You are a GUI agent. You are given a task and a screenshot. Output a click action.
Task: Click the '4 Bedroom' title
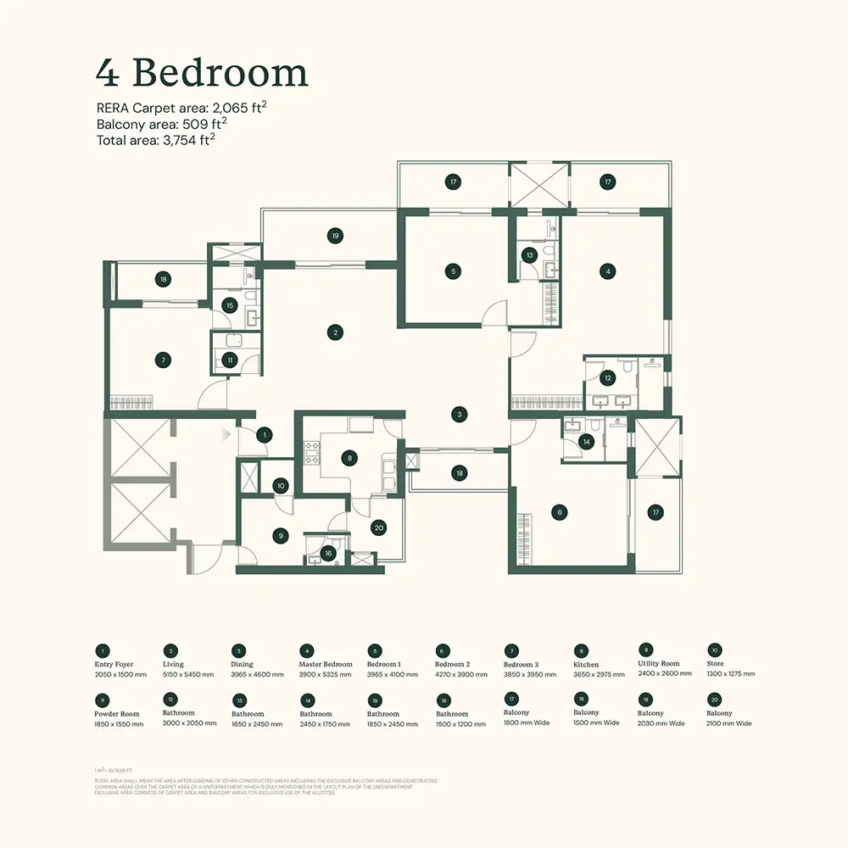pos(201,74)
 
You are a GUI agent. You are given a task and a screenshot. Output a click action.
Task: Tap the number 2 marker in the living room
pos(337,332)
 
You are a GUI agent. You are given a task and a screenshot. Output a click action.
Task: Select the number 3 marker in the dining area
pos(459,415)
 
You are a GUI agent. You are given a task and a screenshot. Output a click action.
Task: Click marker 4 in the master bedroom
pos(607,271)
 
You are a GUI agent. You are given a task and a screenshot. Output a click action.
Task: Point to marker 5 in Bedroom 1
pos(454,271)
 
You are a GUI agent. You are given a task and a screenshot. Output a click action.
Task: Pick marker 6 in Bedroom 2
pos(558,512)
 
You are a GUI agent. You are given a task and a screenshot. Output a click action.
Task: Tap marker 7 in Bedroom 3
pos(164,360)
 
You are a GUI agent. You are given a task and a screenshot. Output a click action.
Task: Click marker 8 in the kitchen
pos(349,458)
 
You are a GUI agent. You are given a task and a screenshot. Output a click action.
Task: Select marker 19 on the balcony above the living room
pos(336,235)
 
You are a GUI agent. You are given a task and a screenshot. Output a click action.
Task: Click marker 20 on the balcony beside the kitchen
pos(378,527)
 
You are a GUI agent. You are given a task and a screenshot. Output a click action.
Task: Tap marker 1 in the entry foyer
pos(265,435)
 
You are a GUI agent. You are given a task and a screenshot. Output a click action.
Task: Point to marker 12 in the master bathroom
pos(607,378)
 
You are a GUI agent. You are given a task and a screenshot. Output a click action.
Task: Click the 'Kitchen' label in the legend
pos(585,665)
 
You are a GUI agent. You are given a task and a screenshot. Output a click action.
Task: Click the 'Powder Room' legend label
pos(117,714)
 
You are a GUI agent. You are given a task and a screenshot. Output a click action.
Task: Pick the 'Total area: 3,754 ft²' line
pos(155,140)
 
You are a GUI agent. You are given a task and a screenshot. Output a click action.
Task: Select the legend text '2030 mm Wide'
pos(661,723)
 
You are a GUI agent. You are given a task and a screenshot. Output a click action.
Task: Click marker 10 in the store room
pos(281,486)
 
